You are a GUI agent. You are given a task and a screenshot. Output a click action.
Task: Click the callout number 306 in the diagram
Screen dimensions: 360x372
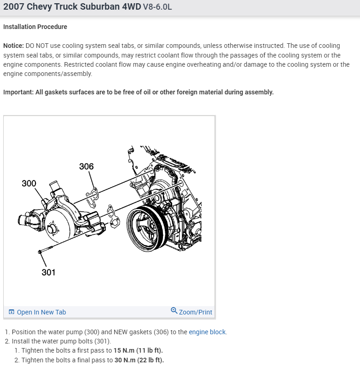[x=86, y=166]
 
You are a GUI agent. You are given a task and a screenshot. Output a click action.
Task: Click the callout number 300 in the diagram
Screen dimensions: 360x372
[x=29, y=183]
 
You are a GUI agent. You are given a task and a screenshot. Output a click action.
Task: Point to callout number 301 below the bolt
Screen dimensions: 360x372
[x=48, y=272]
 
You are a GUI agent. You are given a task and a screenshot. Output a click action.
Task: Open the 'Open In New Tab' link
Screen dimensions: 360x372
[x=41, y=312]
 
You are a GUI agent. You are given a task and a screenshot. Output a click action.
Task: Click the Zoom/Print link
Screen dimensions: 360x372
[x=196, y=312]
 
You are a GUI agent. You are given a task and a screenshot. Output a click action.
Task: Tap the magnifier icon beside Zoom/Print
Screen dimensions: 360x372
[x=174, y=311]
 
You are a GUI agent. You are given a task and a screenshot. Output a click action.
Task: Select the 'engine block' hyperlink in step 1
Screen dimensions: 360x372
[x=207, y=332]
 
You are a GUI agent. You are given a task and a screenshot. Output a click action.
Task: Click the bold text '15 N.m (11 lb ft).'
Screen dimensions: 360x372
[x=138, y=350]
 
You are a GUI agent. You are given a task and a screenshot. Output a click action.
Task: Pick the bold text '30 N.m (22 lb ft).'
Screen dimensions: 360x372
[x=139, y=360]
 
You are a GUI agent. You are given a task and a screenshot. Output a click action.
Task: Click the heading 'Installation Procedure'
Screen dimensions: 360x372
[x=35, y=27]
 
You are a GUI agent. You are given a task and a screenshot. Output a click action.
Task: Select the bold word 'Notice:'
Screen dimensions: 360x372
[x=13, y=46]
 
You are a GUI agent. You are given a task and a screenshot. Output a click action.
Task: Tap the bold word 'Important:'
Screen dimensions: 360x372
[x=17, y=92]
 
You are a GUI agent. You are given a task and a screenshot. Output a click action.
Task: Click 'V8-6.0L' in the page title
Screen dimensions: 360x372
[x=154, y=8]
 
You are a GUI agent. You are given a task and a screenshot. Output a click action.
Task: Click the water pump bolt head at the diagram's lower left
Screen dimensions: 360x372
[x=41, y=252]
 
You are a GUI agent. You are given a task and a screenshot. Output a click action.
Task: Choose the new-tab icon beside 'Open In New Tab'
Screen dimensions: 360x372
[x=12, y=312]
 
